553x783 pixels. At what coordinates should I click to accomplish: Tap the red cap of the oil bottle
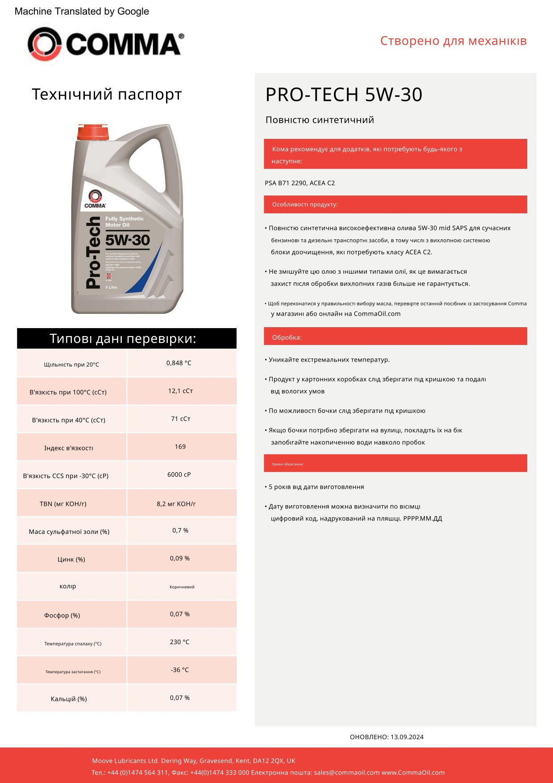(93, 132)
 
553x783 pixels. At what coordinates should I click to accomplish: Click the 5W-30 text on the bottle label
(128, 240)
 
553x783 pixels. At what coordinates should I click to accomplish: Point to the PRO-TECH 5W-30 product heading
(344, 95)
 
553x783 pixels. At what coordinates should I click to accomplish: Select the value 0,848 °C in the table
(179, 363)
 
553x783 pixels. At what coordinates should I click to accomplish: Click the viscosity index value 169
(180, 446)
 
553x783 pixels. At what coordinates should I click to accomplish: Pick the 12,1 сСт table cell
(180, 391)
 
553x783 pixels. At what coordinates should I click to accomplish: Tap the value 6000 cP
(179, 475)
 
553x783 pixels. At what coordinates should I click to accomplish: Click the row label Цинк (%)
(71, 559)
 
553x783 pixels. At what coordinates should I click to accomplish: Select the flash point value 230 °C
(179, 642)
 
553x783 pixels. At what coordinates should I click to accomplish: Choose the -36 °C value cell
(179, 670)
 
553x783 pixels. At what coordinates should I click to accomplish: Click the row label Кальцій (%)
(69, 699)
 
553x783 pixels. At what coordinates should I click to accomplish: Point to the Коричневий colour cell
(182, 587)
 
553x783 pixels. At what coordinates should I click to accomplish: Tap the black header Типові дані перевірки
(127, 338)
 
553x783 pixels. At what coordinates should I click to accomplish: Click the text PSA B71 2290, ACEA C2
(300, 183)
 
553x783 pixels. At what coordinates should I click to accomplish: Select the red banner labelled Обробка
(395, 337)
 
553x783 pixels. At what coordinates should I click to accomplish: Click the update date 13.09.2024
(407, 737)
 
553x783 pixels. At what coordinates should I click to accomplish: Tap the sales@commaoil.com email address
(347, 772)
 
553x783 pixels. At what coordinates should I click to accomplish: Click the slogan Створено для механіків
(453, 41)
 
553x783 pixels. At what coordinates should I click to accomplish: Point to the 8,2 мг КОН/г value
(176, 504)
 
